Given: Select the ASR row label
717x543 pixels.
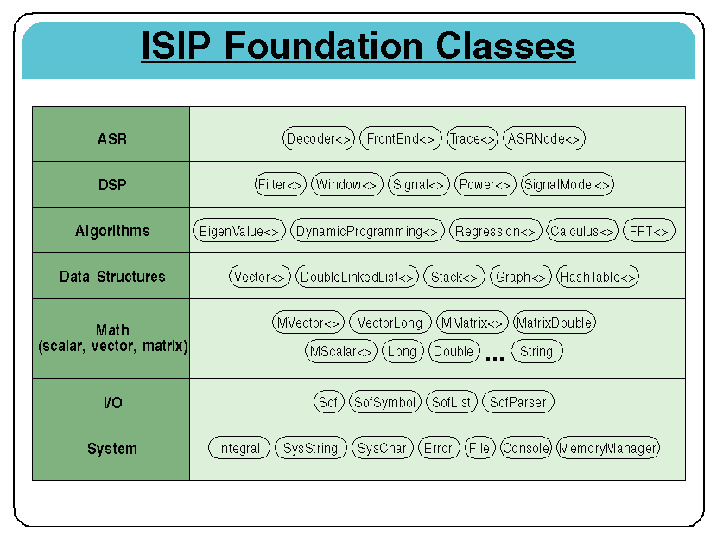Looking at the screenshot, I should click(112, 138).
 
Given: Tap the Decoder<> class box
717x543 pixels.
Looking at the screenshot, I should click(319, 138).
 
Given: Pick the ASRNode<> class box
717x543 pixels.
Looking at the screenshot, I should click(544, 138).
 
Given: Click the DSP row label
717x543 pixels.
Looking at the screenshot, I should click(112, 184).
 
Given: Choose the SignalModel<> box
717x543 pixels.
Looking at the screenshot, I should click(568, 184).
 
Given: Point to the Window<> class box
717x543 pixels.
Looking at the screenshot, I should click(346, 184).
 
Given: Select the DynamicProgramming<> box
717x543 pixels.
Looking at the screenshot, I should click(367, 231).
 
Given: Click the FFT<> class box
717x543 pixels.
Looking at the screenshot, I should click(649, 231).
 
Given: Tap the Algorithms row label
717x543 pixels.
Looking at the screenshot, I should click(112, 231).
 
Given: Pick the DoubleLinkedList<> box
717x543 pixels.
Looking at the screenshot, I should click(357, 277).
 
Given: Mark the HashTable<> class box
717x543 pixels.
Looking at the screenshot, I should click(598, 277).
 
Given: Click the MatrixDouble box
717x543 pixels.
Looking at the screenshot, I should click(554, 323).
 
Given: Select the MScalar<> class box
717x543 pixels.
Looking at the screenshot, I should click(341, 351).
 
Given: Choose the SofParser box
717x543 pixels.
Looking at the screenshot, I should click(517, 402).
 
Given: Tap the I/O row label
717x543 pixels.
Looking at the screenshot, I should click(112, 402).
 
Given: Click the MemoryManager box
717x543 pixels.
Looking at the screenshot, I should click(608, 448).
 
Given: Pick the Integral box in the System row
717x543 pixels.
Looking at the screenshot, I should click(238, 448).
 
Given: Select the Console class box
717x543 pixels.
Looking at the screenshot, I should click(525, 448).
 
